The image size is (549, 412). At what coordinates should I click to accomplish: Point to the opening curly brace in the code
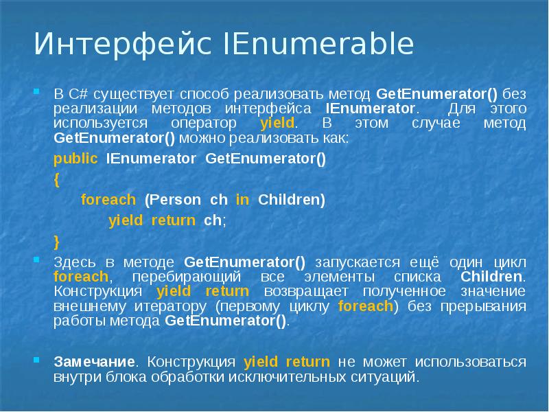coord(56,180)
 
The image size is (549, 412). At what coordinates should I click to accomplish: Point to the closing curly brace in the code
coord(56,241)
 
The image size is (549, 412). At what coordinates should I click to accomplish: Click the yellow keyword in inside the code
coord(242,200)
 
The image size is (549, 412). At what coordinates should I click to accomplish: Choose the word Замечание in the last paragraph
coord(93,362)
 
